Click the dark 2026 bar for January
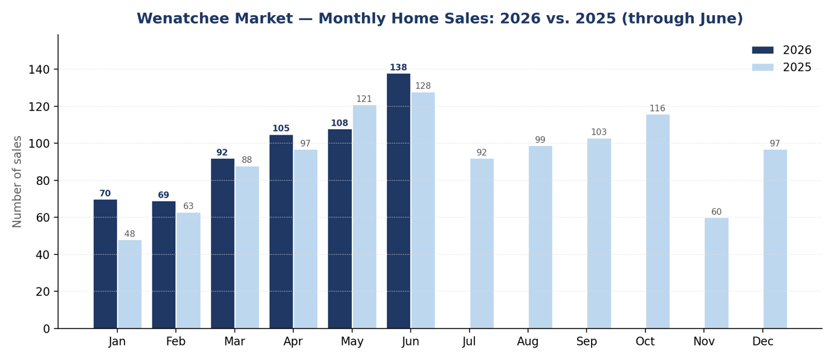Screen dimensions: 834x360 point(105,264)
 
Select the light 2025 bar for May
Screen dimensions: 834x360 point(364,217)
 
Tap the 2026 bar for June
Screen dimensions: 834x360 point(398,201)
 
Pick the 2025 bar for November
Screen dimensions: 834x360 point(716,273)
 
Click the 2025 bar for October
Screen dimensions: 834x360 point(658,222)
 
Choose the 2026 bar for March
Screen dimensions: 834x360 point(222,243)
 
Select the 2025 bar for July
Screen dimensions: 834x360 point(482,243)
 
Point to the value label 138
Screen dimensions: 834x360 point(398,68)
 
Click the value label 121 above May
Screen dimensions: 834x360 point(364,99)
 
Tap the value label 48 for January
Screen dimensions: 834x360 point(129,234)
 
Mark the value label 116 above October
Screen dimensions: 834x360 point(657,108)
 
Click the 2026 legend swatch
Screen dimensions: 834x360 point(763,50)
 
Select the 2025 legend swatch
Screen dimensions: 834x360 point(763,67)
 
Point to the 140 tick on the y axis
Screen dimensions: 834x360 point(39,69)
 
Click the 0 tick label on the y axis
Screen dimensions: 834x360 point(47,329)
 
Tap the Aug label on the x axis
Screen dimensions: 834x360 point(528,341)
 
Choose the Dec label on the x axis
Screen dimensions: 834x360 point(763,341)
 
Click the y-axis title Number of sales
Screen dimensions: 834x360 point(17,182)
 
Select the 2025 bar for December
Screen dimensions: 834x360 point(775,239)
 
